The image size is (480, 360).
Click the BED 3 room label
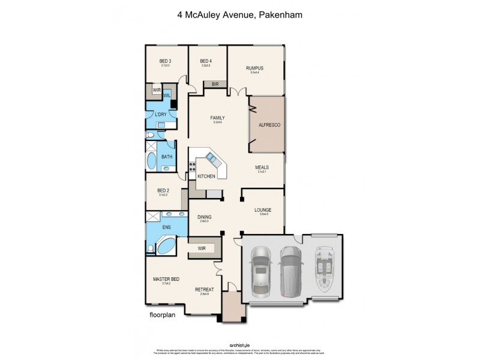click(165, 61)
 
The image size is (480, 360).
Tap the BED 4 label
click(206, 61)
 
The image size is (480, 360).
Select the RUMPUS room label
click(254, 68)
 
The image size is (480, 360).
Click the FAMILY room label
click(217, 118)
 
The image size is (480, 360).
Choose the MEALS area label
click(262, 167)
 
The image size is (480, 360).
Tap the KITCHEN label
click(206, 176)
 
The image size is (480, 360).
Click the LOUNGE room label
click(262, 210)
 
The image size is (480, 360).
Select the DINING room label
click(204, 217)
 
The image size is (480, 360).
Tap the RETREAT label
click(205, 290)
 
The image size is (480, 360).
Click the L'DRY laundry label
click(160, 115)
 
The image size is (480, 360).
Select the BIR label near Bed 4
click(215, 85)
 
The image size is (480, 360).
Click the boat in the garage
click(325, 270)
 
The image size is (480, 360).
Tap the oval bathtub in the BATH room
click(151, 161)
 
